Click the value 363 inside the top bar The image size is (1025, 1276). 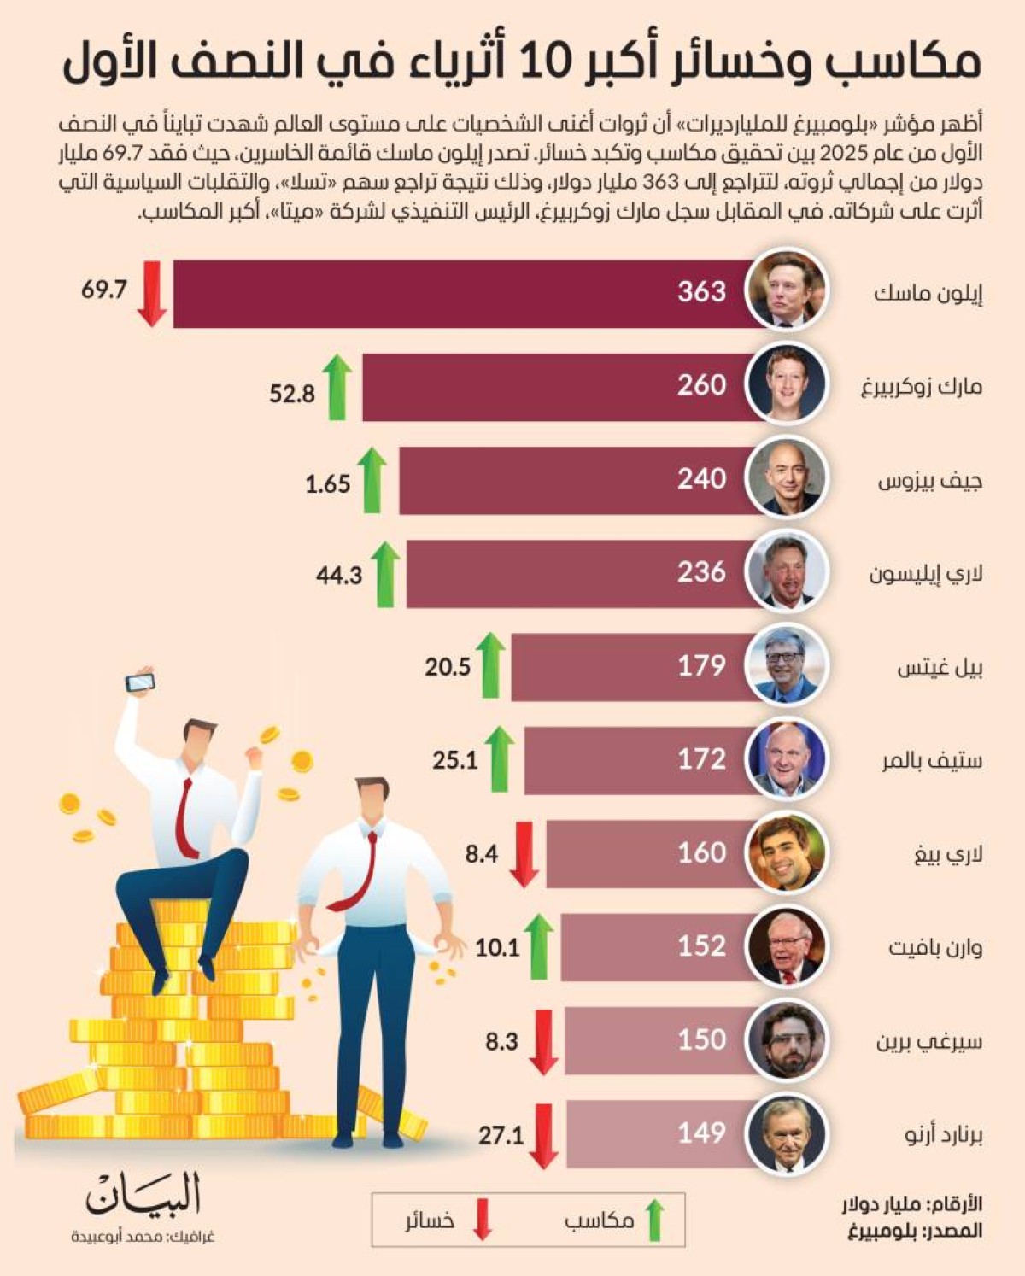pyautogui.click(x=701, y=291)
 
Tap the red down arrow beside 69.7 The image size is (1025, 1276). pyautogui.click(x=152, y=293)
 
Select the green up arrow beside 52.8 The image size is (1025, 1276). pyautogui.click(x=338, y=388)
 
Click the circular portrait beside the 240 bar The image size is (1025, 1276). pyautogui.click(x=786, y=478)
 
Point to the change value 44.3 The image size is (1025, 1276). pyautogui.click(x=339, y=576)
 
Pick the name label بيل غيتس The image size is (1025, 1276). pyautogui.click(x=939, y=668)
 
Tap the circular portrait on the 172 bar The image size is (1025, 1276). pyautogui.click(x=786, y=758)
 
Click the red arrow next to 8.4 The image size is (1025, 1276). pyautogui.click(x=524, y=854)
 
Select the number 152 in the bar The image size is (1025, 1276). pyautogui.click(x=701, y=945)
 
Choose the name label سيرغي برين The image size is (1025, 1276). pyautogui.click(x=928, y=1042)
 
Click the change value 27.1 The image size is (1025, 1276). pyautogui.click(x=501, y=1135)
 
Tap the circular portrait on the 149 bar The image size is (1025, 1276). pyautogui.click(x=786, y=1133)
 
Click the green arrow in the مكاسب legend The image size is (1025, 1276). pyautogui.click(x=654, y=1220)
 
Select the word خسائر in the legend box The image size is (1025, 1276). pyautogui.click(x=430, y=1220)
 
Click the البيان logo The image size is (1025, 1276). pyautogui.click(x=143, y=1195)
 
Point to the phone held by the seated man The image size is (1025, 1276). pyautogui.click(x=140, y=682)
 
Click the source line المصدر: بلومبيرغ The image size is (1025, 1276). pyautogui.click(x=914, y=1231)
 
